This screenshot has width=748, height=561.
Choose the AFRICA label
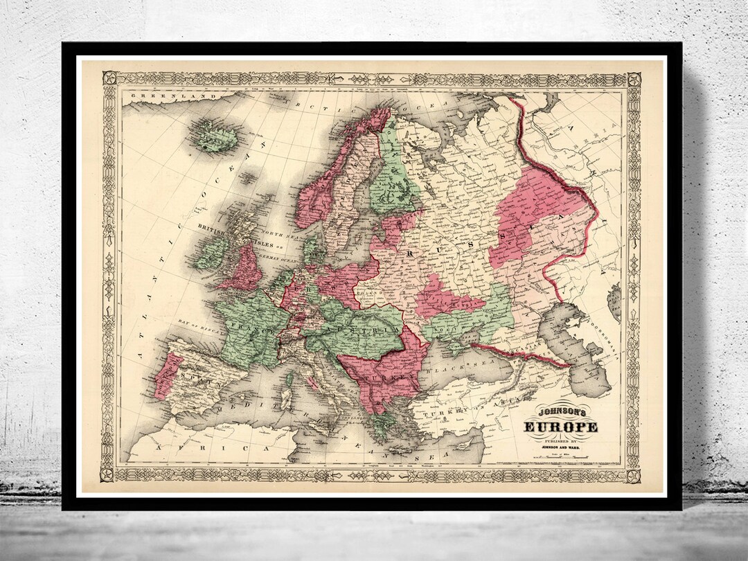pyautogui.click(x=201, y=450)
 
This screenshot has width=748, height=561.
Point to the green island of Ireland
pyautogui.click(x=211, y=253)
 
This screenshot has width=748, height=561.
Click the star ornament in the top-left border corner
pyautogui.click(x=108, y=79)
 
